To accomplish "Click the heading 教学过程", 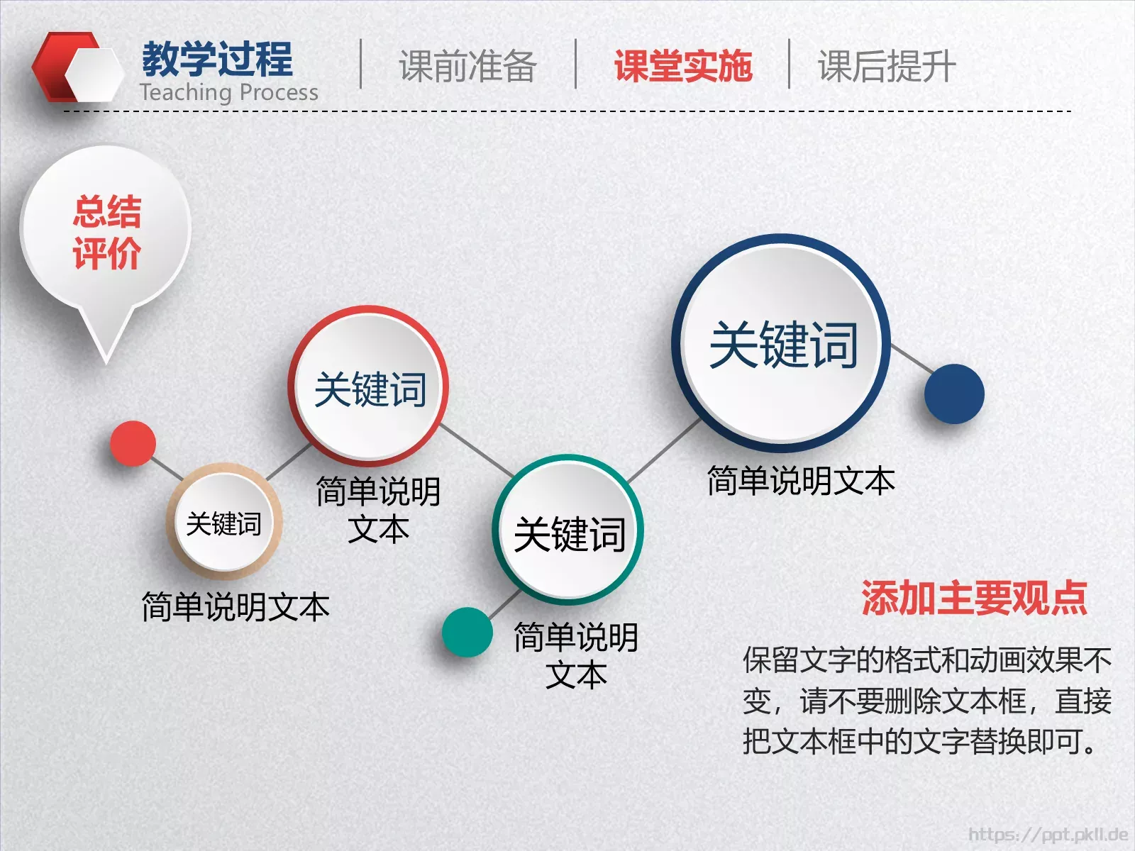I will click(217, 59).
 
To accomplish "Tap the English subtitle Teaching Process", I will click(228, 92).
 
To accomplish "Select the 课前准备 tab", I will click(467, 66).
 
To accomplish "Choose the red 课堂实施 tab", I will click(682, 66).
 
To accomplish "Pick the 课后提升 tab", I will click(887, 66).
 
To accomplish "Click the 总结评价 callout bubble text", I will click(106, 232).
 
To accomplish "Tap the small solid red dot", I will click(133, 443).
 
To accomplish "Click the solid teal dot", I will click(467, 632).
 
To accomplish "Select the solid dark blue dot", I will click(954, 394).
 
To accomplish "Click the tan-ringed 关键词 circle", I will click(224, 523).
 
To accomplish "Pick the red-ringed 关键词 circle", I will click(369, 387).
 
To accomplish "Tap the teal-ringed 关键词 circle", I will click(569, 532).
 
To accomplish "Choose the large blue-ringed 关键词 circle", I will click(782, 344).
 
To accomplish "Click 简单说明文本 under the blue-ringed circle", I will click(801, 481).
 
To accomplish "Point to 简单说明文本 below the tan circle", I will click(236, 607).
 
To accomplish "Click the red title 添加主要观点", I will click(973, 597).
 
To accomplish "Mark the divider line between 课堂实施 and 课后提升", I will click(789, 64).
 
